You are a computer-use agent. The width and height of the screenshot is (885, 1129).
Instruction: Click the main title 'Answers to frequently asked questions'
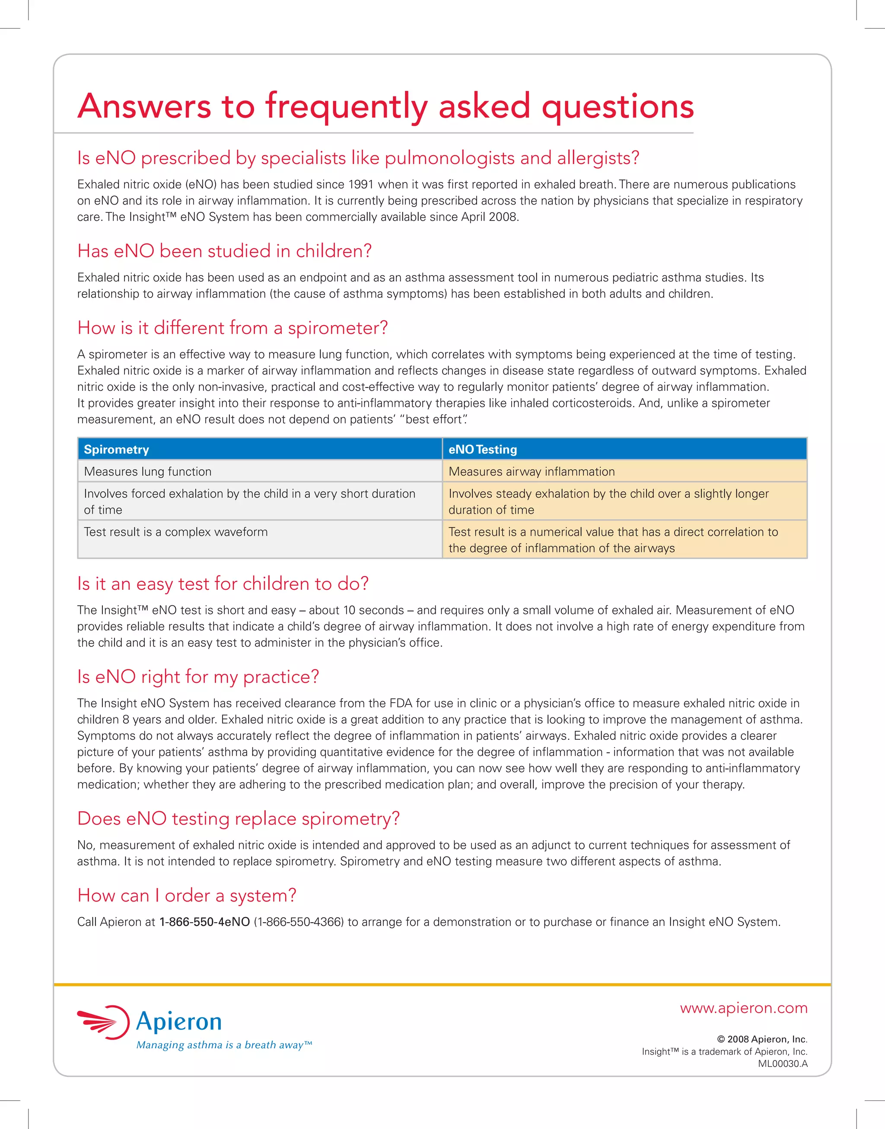[x=385, y=106]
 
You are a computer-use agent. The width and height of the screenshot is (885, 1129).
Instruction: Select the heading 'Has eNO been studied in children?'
[x=224, y=251]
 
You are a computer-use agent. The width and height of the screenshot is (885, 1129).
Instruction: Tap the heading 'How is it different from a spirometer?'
[x=232, y=328]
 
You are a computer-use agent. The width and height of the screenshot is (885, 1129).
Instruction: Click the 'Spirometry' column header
[x=117, y=449]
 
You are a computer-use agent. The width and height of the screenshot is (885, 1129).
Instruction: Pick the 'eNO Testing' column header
[x=482, y=449]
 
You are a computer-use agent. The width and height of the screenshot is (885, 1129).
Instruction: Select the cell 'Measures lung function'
[x=148, y=472]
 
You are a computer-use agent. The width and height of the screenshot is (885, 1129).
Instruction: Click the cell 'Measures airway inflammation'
[x=532, y=472]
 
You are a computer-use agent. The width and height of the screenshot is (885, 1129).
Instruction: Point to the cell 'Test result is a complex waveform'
[x=175, y=532]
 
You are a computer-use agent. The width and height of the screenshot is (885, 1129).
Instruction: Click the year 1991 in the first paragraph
[x=361, y=185]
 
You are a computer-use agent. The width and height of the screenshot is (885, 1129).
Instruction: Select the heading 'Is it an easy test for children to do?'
[x=223, y=584]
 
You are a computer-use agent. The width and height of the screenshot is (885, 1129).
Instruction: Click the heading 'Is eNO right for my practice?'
[x=198, y=676]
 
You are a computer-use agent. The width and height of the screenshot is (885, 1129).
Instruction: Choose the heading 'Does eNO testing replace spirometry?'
[x=239, y=819]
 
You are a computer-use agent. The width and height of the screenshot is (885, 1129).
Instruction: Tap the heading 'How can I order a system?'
[x=187, y=895]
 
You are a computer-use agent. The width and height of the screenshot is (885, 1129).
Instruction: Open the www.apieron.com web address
[x=744, y=1008]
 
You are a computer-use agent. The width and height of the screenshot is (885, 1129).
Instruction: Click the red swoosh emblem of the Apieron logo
[x=103, y=1022]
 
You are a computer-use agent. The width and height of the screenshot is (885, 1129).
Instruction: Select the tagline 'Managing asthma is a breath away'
[x=224, y=1045]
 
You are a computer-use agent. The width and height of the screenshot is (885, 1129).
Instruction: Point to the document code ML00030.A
[x=783, y=1064]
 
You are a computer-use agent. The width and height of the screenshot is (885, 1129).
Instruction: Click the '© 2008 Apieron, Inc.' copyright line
[x=762, y=1039]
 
